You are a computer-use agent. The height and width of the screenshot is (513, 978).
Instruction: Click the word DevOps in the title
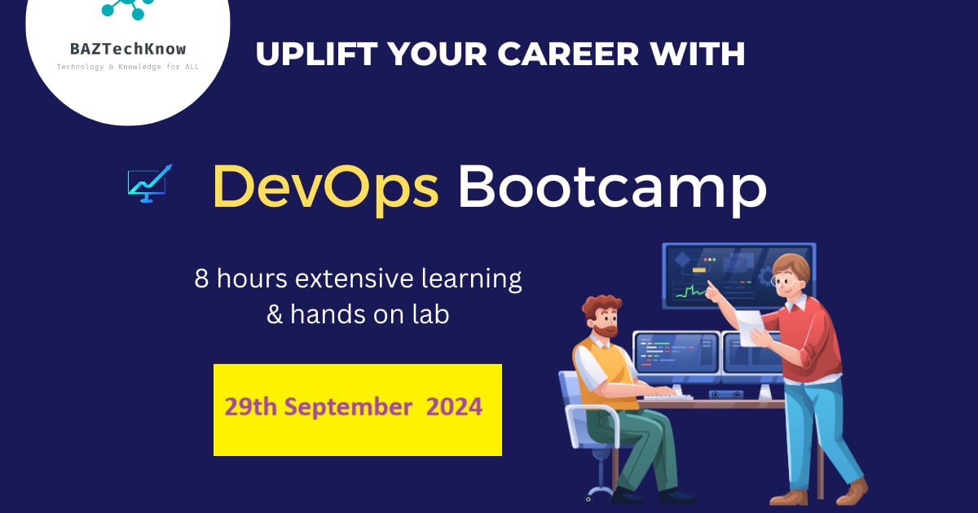[x=325, y=187]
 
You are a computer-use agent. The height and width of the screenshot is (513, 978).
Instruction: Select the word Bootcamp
[x=612, y=187]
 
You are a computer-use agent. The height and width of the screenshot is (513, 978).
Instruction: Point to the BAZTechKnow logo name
[x=127, y=48]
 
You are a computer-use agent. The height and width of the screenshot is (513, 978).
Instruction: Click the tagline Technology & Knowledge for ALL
[x=127, y=66]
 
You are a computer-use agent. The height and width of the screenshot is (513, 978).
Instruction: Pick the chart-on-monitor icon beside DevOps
[x=149, y=182]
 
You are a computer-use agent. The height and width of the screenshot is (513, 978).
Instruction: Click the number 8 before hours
[x=201, y=279]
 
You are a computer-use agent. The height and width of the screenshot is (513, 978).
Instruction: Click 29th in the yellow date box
[x=249, y=406]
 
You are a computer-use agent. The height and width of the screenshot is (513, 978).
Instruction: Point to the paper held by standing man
[x=751, y=327]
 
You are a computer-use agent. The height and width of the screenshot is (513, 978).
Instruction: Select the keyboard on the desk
[x=668, y=396]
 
